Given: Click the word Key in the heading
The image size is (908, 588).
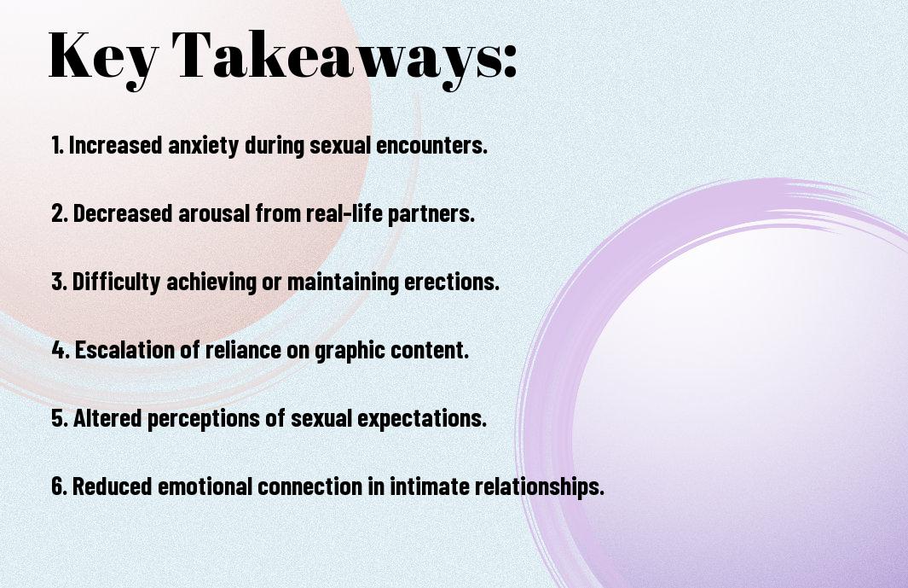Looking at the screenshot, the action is pyautogui.click(x=102, y=58).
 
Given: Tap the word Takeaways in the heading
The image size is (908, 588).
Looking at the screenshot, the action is pyautogui.click(x=336, y=58).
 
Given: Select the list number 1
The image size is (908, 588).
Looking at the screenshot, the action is pyautogui.click(x=57, y=145).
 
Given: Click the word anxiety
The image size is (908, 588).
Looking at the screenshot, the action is pyautogui.click(x=203, y=146).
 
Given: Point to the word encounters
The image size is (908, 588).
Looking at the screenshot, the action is pyautogui.click(x=431, y=145).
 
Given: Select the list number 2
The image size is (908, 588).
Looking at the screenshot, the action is pyautogui.click(x=59, y=213).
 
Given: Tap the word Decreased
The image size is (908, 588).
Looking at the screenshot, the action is pyautogui.click(x=123, y=212).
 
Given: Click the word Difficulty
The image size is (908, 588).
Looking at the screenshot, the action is pyautogui.click(x=116, y=282).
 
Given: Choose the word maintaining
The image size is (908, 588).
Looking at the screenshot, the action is pyautogui.click(x=343, y=282).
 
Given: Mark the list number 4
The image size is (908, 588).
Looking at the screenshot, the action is pyautogui.click(x=61, y=350).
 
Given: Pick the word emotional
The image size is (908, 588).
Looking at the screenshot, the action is pyautogui.click(x=205, y=486).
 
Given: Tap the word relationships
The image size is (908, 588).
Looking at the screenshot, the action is pyautogui.click(x=539, y=486).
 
